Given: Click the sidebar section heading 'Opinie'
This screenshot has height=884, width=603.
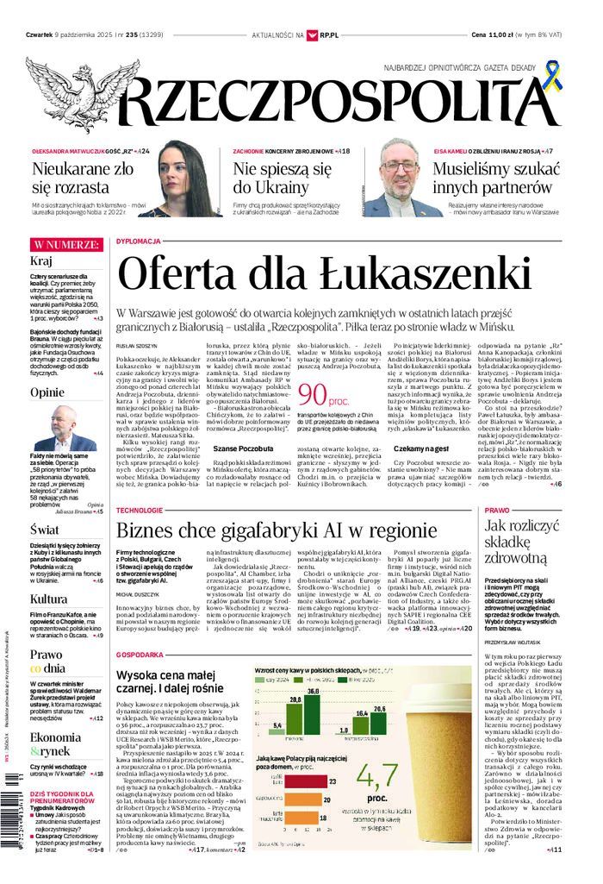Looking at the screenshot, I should point(47,392).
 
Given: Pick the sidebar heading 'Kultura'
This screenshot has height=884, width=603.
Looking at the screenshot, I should point(49,599).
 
